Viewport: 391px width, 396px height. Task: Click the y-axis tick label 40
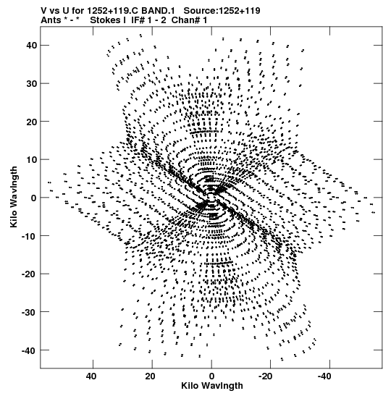coord(32,46)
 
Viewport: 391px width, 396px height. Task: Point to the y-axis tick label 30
coord(32,83)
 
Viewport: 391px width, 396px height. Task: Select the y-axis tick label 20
coord(32,122)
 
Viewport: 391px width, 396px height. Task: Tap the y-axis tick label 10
coord(32,159)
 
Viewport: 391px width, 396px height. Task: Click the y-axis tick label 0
coord(34,198)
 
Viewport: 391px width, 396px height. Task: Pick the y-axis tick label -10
coord(29,236)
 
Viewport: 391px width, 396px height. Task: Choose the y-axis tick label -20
coord(29,274)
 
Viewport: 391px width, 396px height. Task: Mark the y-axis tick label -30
coord(29,312)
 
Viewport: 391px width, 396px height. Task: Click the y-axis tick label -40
coord(29,350)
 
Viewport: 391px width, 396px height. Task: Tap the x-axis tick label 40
coord(91,376)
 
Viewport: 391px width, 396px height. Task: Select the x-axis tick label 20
coord(151,376)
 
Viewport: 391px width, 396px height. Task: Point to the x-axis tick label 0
coord(211,376)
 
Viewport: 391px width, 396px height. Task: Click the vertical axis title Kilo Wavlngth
coord(14,197)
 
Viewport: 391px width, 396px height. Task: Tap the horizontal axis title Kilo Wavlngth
coord(212,386)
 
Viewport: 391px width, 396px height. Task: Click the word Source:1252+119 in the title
coord(222,11)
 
